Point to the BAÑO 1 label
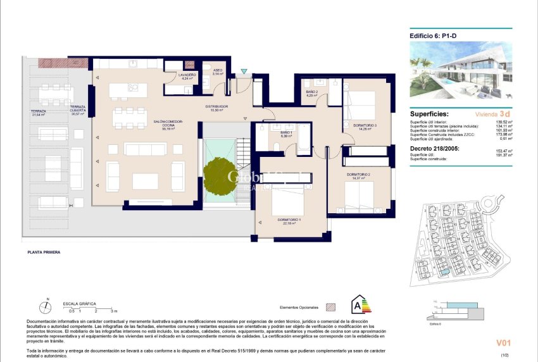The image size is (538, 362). click(286, 132)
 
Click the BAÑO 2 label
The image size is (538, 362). click(311, 92)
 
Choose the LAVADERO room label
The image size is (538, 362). click(187, 75)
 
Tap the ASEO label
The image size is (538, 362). click(217, 71)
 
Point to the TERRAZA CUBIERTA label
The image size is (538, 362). click(77, 109)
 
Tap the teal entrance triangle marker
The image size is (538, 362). click(245, 71)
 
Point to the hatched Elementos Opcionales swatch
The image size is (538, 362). click(330, 307)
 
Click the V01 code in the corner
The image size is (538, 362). click(503, 343)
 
